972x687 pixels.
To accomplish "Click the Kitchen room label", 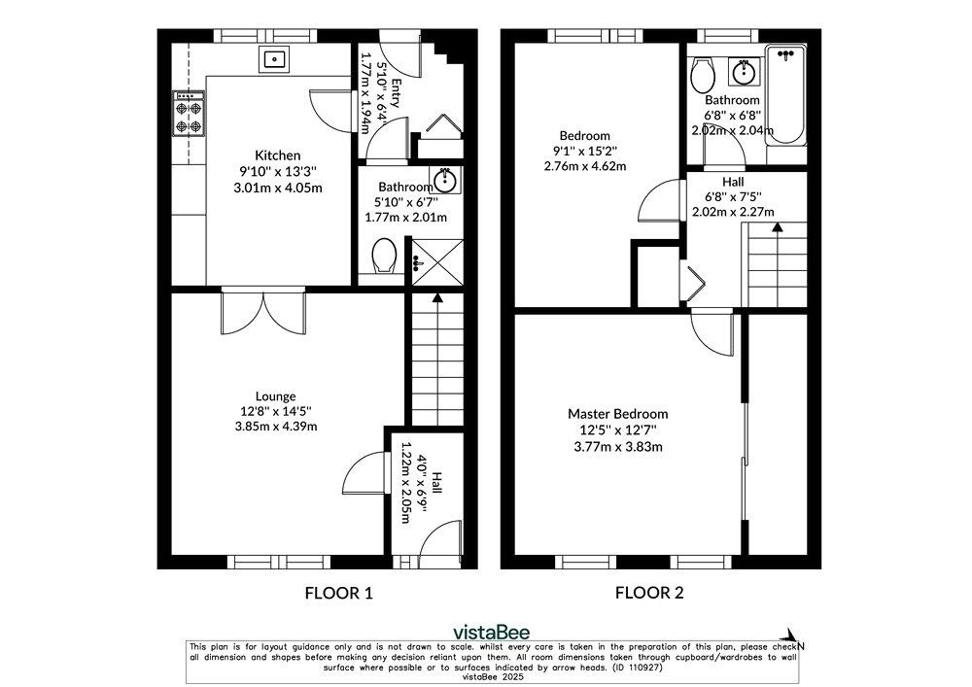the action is coord(278,155).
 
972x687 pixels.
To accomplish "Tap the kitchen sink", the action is coord(273,59).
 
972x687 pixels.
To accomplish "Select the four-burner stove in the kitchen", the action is coord(189,114).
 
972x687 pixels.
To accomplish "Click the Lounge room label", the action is coord(275,395).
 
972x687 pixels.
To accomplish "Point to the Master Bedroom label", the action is coord(618,414).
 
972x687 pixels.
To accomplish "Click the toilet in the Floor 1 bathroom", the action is coord(384,256).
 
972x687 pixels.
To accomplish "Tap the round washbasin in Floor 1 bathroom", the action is coord(445,181).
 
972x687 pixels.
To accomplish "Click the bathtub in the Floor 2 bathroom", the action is coord(786,95).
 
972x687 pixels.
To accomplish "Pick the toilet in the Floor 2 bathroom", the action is coord(703,75).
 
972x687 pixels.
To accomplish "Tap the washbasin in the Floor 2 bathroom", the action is coord(744,72).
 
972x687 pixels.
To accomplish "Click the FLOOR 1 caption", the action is coord(339,593).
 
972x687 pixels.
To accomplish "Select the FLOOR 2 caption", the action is coord(649,593).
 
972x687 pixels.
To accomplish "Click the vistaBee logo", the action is coord(492,632).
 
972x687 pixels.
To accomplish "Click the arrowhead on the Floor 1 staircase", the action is coord(437,298).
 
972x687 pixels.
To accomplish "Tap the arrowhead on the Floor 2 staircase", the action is coord(776,226).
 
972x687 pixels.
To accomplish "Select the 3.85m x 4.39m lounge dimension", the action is coord(276,427).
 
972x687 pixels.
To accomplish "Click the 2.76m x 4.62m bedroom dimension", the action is coord(585,166).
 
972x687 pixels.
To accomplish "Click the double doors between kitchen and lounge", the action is coord(263,312).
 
